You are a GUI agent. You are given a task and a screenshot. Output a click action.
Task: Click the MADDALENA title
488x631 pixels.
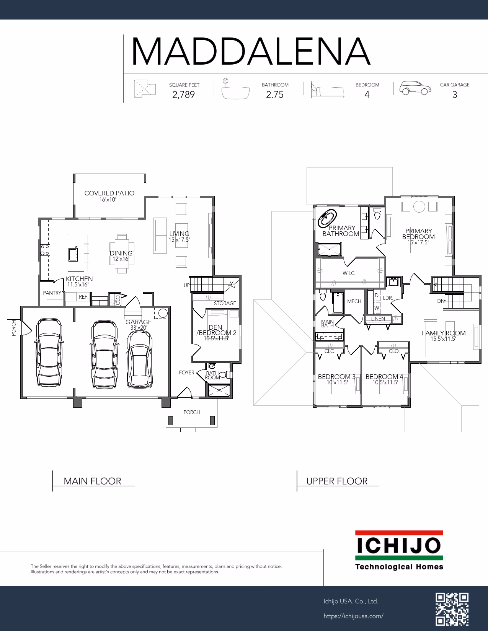(x=251, y=51)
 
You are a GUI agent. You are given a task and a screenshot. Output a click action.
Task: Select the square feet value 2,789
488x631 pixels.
(x=183, y=95)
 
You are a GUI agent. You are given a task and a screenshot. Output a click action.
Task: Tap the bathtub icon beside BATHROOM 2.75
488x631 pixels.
(x=235, y=89)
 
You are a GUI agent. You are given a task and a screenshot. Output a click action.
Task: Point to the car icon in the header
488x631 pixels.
(x=415, y=88)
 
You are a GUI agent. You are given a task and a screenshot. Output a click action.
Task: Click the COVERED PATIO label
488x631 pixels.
(x=109, y=193)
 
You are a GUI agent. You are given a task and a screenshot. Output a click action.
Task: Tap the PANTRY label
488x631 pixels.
(x=52, y=293)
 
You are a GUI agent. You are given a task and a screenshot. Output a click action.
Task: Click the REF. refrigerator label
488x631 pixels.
(x=83, y=297)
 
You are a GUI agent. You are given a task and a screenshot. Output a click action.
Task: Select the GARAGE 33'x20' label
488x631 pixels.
(x=139, y=325)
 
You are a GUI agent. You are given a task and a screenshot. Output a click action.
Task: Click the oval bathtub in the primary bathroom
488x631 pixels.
(x=327, y=218)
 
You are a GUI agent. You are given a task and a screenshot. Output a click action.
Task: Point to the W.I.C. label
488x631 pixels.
(x=349, y=273)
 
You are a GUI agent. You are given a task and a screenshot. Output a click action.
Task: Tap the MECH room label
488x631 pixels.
(x=354, y=301)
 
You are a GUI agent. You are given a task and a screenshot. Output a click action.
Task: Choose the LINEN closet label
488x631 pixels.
(x=378, y=319)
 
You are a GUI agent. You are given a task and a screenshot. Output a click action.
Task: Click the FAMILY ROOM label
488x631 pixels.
(x=444, y=333)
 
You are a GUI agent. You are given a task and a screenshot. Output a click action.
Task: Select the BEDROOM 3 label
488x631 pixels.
(x=336, y=377)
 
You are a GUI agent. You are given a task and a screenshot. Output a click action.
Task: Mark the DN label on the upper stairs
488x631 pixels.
(x=441, y=301)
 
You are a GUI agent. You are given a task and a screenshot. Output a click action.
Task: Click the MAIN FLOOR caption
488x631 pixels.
(x=92, y=481)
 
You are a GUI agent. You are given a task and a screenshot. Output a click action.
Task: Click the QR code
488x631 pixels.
(x=452, y=609)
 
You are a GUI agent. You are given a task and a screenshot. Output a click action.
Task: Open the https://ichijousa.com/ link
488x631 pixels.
(x=353, y=616)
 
